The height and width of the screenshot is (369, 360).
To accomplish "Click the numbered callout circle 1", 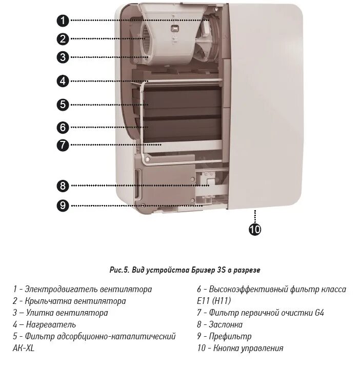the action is tap(63, 20).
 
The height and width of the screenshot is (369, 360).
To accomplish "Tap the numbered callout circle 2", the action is tap(63, 38).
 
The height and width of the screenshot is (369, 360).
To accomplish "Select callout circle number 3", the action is tap(63, 57).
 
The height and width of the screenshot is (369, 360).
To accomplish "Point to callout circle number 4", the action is tap(63, 81).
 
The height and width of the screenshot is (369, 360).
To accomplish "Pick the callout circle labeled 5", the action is tap(63, 104).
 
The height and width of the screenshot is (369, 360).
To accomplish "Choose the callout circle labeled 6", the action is tap(63, 127).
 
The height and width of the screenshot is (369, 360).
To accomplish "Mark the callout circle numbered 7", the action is tap(63, 145).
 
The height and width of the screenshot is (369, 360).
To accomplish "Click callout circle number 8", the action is tap(63, 186).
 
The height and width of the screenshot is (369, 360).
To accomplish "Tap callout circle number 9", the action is tap(63, 206).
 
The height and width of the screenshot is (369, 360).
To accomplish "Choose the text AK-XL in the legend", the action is tap(24, 348).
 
